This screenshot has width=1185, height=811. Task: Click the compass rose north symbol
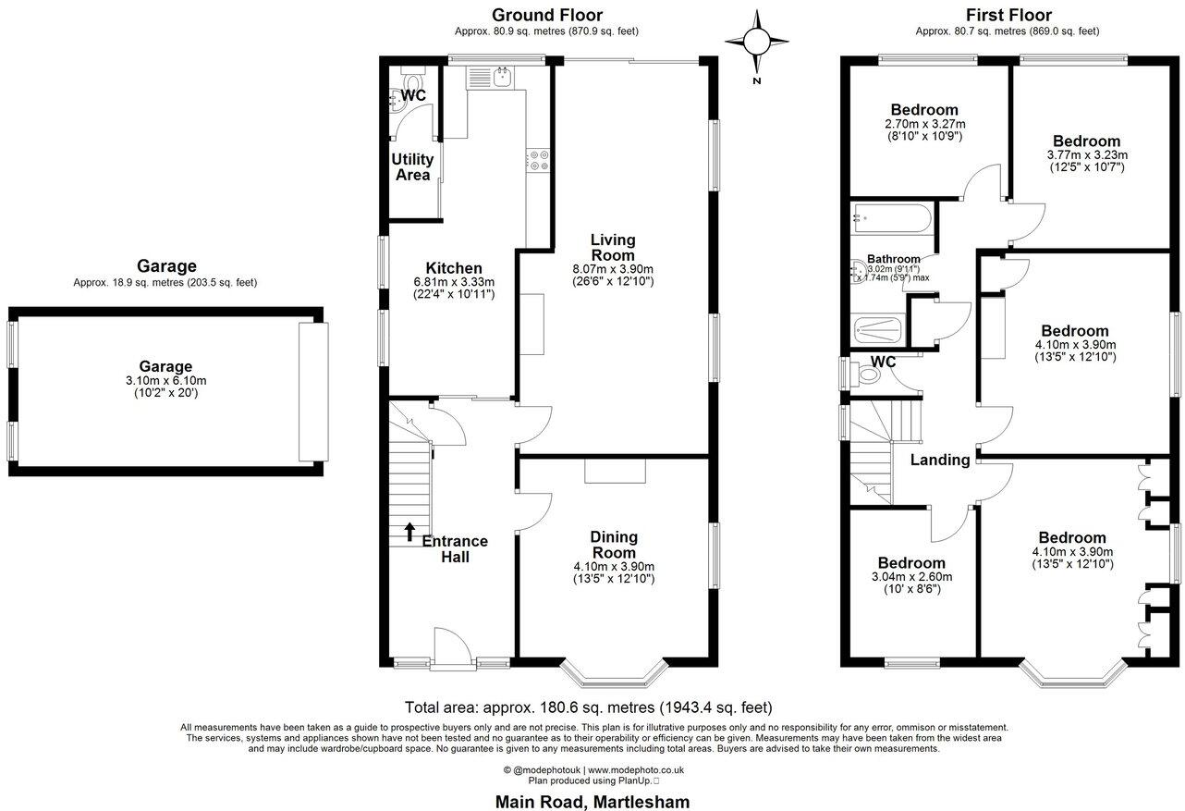[x=757, y=42]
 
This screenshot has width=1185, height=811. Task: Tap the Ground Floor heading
[x=546, y=15]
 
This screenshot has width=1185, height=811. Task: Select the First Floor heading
[x=1008, y=15]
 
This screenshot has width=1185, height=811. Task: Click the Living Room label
[x=613, y=248]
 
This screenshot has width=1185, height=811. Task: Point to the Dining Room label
[x=614, y=545]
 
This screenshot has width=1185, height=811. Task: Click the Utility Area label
[x=412, y=166]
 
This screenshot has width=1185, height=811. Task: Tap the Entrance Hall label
[x=455, y=548]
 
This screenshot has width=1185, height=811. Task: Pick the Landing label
[x=940, y=460]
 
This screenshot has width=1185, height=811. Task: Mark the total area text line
[x=588, y=708]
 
